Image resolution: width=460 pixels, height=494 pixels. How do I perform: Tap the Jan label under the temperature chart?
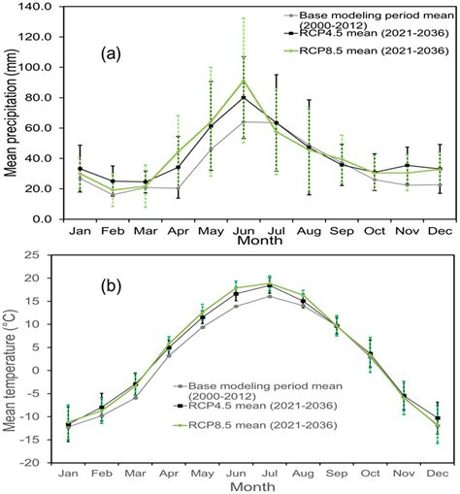pyautogui.click(x=68, y=474)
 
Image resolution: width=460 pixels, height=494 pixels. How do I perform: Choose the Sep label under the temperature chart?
pyautogui.click(x=338, y=474)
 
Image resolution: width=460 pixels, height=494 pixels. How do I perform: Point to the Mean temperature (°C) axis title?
pyautogui.click(x=13, y=359)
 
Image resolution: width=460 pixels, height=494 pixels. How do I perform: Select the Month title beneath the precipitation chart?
pyautogui.click(x=250, y=240)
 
